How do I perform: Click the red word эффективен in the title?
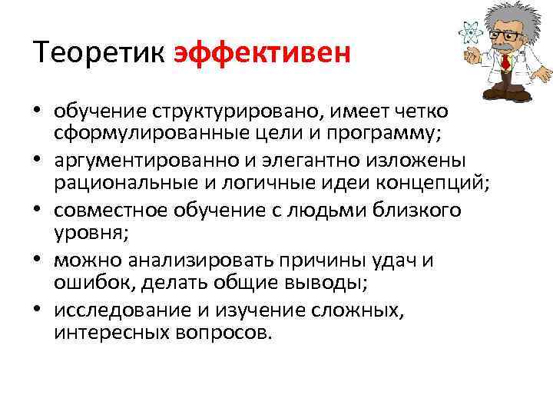263,55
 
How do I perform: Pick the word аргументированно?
148,161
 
